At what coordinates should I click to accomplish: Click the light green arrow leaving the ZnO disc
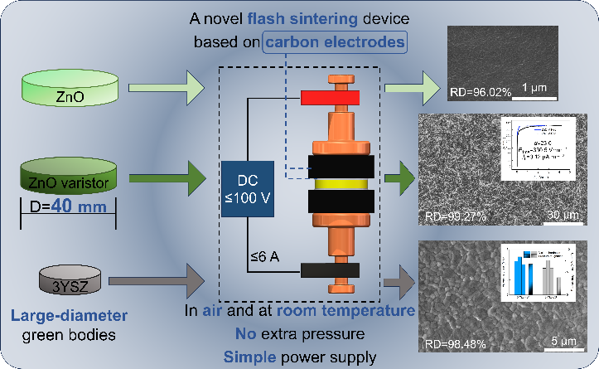(166, 83)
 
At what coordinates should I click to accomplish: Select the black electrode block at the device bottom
(330, 269)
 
